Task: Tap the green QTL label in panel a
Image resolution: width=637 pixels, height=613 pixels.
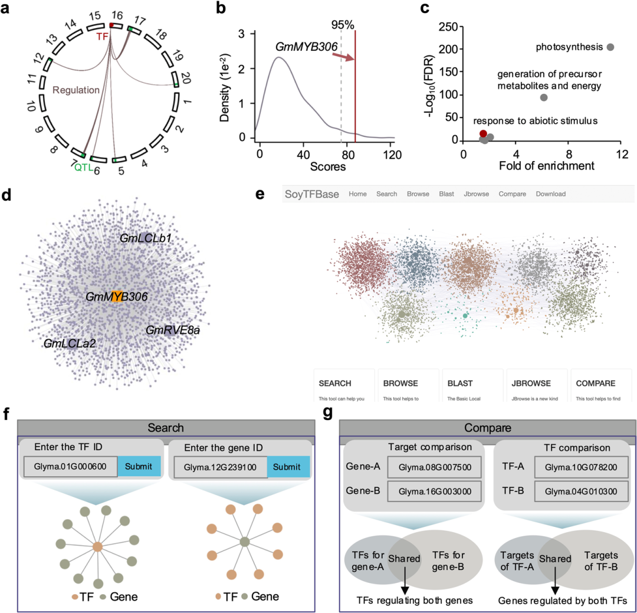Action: tap(84, 168)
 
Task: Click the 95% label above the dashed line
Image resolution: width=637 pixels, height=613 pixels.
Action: tap(342, 25)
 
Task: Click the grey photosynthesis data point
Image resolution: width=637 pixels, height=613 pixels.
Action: tap(610, 47)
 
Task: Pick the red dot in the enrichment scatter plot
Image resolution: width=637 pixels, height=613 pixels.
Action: tap(483, 134)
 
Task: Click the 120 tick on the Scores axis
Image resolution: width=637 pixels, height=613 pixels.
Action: tap(388, 154)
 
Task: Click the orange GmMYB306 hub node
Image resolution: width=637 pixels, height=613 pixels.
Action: tap(117, 296)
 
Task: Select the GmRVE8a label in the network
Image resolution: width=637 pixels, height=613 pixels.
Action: tap(173, 330)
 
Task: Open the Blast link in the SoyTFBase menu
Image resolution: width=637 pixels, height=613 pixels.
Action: tap(446, 194)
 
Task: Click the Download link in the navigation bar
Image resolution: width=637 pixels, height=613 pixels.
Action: tap(550, 194)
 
